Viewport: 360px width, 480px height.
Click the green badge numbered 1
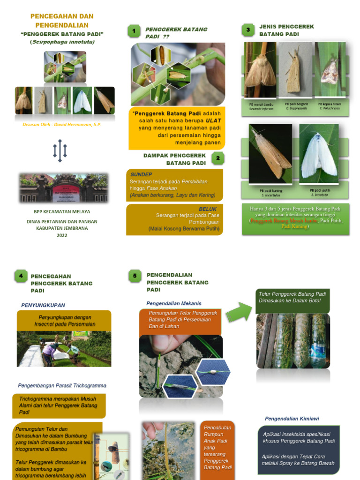tap(134, 31)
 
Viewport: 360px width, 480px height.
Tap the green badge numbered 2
tap(217, 158)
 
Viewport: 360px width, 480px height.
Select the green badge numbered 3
tap(247, 30)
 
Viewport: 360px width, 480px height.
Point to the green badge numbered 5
tap(135, 276)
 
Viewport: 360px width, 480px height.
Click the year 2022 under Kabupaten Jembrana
tap(62, 235)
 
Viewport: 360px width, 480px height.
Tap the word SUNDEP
tap(141, 174)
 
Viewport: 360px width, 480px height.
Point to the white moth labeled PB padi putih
tap(319, 154)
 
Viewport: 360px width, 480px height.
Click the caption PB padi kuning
tap(270, 191)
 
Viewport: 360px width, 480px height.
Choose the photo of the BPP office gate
tap(63, 187)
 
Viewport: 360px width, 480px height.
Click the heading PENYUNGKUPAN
tap(43, 305)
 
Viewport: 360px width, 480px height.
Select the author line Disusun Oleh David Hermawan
tap(62, 125)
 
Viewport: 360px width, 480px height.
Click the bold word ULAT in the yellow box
tap(213, 120)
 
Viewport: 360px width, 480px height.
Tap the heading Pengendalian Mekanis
tap(174, 303)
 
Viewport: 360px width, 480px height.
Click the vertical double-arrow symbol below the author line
tap(60, 150)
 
